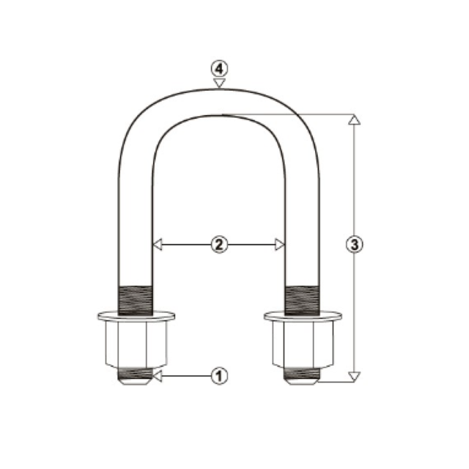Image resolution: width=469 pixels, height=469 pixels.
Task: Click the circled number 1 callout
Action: tap(218, 376)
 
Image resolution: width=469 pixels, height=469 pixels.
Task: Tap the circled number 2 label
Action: tap(218, 245)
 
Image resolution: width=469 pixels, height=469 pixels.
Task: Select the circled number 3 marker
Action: tap(354, 245)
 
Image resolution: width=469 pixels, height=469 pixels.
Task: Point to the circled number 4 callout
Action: tap(219, 68)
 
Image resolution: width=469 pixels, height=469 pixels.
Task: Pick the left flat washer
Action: tap(136, 317)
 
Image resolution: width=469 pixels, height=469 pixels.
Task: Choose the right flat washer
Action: tap(302, 317)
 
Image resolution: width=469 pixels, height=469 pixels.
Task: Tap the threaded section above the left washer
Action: tap(136, 299)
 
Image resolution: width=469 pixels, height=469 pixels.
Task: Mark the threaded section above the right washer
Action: tap(302, 299)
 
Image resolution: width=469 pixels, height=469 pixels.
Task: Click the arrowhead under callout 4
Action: tap(219, 84)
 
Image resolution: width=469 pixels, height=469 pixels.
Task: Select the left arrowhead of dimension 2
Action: tap(156, 245)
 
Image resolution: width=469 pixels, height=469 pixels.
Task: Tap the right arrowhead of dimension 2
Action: tap(279, 245)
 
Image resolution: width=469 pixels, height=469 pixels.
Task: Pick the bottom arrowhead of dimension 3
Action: tap(354, 376)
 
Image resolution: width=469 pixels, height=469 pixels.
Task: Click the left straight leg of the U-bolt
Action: tap(136, 213)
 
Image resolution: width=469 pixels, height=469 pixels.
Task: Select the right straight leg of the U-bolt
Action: tap(302, 213)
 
